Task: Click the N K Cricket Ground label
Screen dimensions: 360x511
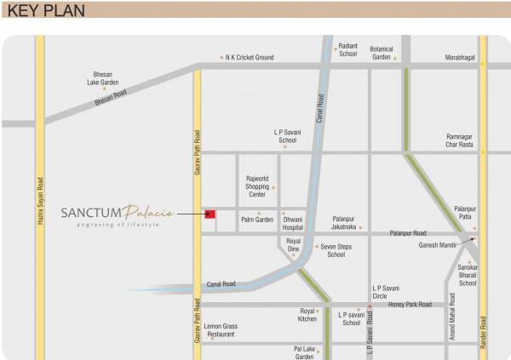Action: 250,58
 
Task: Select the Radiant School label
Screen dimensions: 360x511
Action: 347,50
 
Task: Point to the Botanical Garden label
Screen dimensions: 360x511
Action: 381,53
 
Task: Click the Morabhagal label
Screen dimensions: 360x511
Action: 460,58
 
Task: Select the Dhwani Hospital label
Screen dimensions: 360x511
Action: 293,223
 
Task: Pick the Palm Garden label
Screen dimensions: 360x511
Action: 256,220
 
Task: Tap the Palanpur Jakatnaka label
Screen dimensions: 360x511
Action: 344,223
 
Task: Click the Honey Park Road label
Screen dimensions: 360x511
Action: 410,304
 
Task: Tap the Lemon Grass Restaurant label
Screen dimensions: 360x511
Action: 221,330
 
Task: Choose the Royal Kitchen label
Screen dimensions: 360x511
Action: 307,315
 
